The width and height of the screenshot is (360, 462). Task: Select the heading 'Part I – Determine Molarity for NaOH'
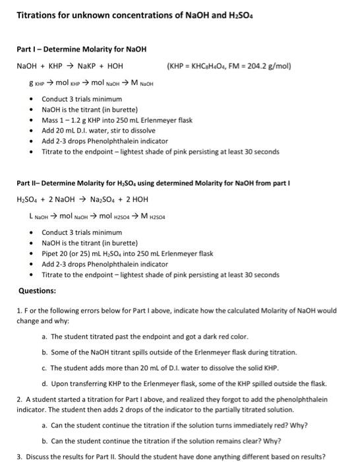tap(81, 49)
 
